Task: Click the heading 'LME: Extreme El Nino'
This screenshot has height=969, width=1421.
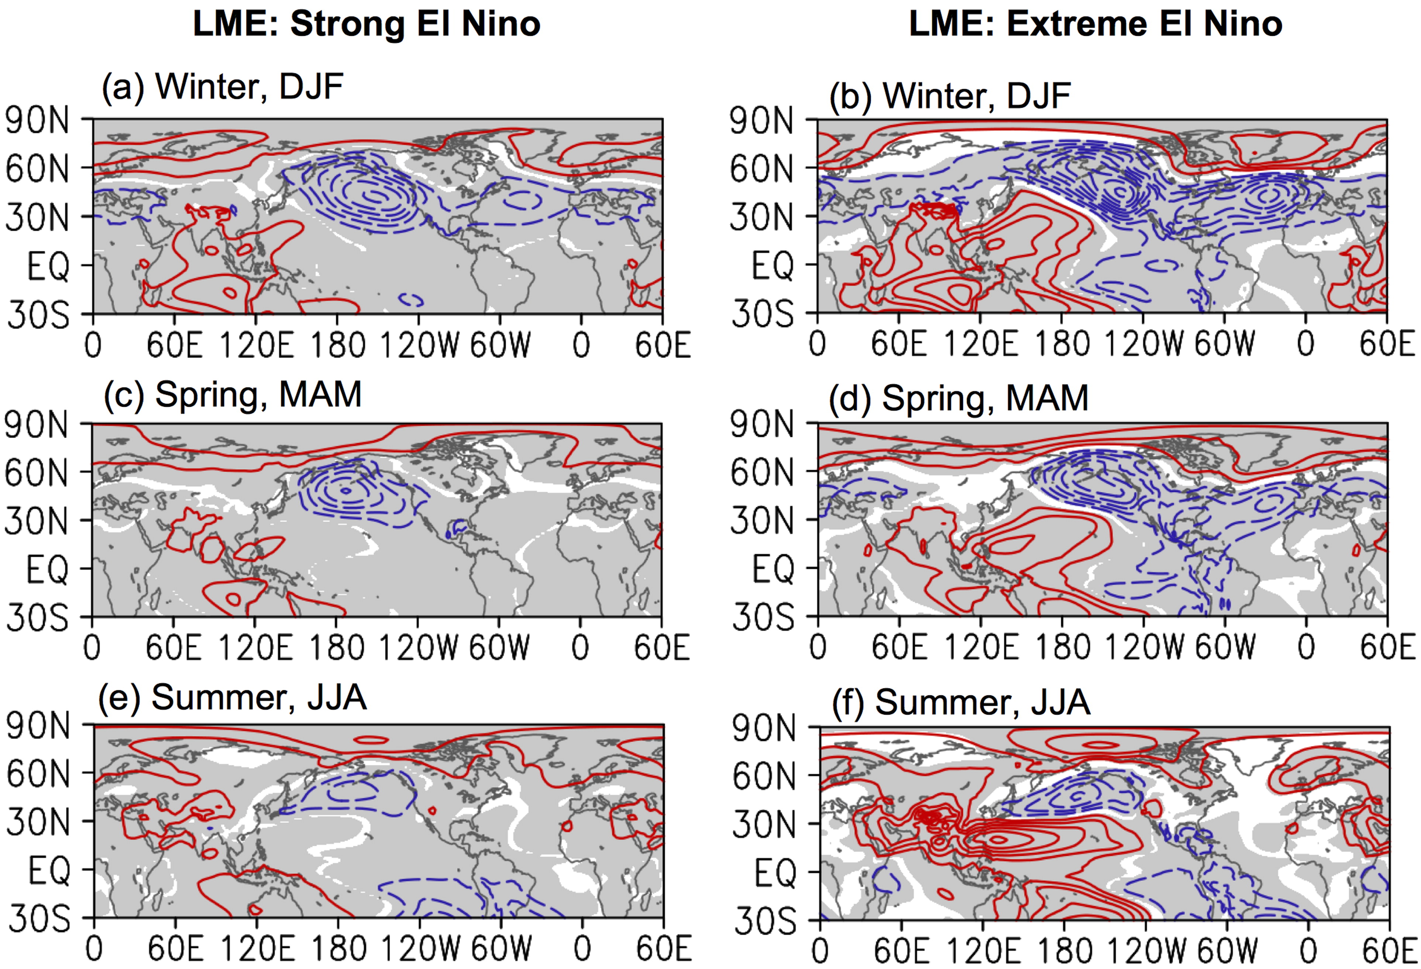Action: coord(1096,24)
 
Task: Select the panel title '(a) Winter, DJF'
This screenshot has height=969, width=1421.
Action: coord(222,87)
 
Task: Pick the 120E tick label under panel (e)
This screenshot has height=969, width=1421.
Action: coord(257,950)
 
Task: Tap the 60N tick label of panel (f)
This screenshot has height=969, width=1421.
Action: coord(764,777)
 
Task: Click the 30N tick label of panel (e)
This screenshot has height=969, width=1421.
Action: coord(38,823)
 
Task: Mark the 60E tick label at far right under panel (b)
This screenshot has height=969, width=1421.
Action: coord(1387,345)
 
